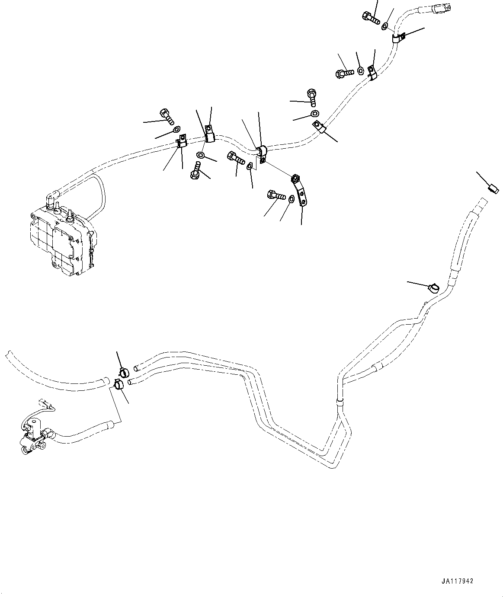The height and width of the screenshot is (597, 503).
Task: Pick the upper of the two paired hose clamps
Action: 123,371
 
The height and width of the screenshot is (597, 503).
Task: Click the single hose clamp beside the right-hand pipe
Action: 433,287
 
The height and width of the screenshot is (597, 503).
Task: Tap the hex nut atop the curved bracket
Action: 296,178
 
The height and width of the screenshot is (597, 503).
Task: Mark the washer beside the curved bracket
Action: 292,199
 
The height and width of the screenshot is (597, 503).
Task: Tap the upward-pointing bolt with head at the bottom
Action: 196,170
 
